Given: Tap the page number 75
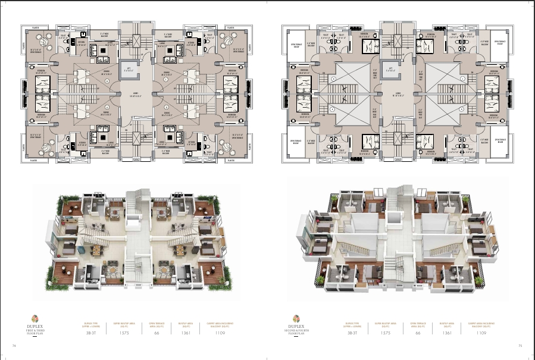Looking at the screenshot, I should click(520, 345).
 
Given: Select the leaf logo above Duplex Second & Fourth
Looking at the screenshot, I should click(295, 318).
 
